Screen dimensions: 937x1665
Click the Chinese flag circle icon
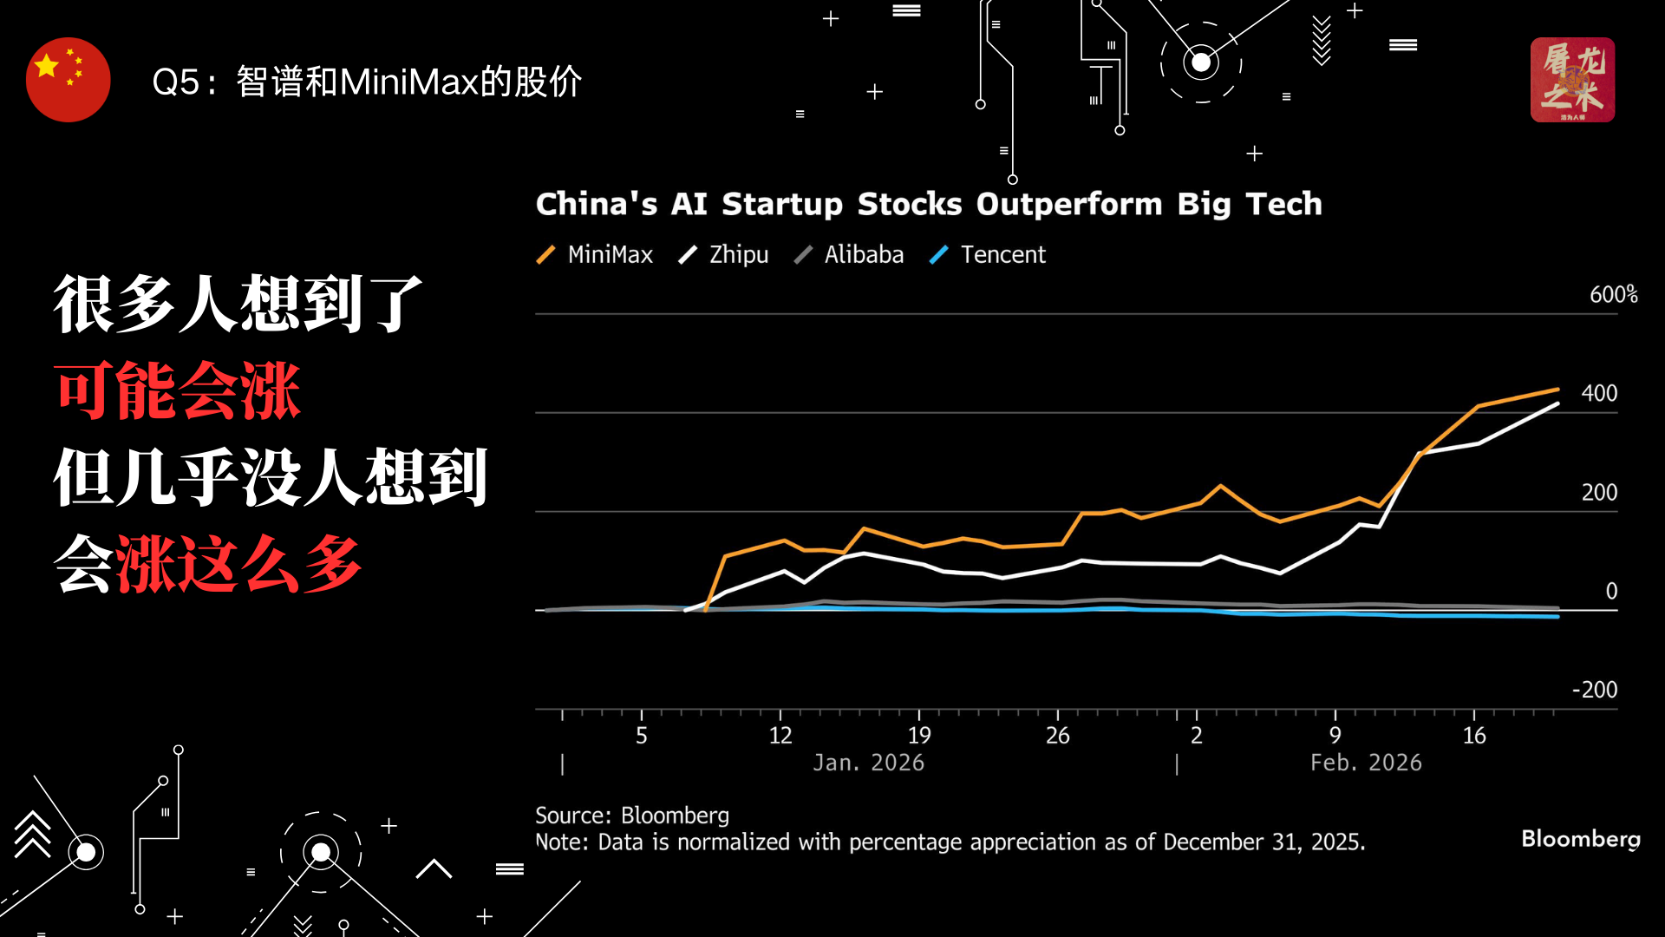[x=69, y=80]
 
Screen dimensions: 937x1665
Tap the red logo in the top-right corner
[x=1572, y=80]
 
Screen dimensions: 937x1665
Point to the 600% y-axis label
[x=1613, y=295]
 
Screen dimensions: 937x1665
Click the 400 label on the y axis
[x=1599, y=393]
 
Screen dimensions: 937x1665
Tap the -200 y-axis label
[x=1595, y=690]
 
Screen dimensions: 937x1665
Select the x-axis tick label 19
[x=919, y=736]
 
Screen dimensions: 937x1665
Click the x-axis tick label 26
[x=1058, y=736]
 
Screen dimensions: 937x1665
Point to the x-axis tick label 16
[x=1474, y=736]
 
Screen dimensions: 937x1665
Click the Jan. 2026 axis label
[x=869, y=763]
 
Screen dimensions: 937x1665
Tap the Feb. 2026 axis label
[x=1366, y=763]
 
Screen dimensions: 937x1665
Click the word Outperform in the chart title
[x=1069, y=204]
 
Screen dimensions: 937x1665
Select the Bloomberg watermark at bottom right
[x=1580, y=839]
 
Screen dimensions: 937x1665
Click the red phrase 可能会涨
[x=178, y=391]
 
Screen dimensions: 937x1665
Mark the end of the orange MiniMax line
[x=1558, y=390]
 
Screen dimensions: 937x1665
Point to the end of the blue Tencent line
[x=1558, y=616]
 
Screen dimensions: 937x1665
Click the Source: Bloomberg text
[x=632, y=816]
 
